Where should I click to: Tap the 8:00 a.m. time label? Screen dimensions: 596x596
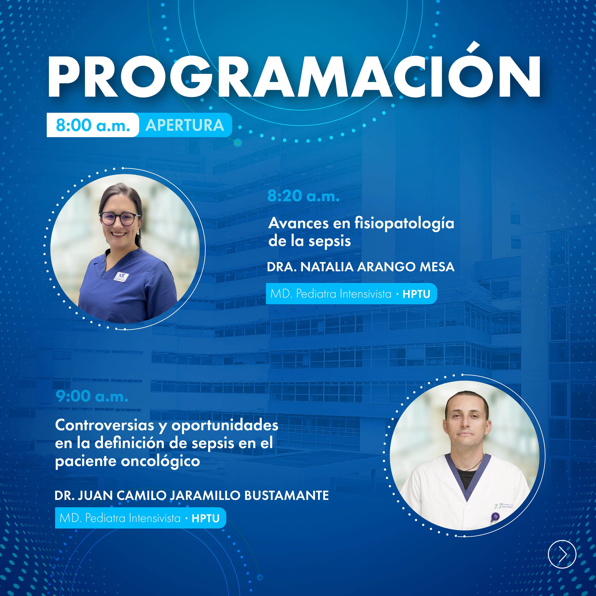tap(93, 125)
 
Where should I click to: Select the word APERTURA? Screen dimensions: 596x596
tap(185, 125)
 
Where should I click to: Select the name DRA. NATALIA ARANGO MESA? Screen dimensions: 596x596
tap(361, 267)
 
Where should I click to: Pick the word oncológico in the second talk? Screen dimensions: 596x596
tap(161, 461)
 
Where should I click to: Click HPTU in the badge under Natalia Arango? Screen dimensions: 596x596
tap(417, 294)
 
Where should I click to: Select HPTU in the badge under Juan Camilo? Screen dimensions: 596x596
tap(205, 519)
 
